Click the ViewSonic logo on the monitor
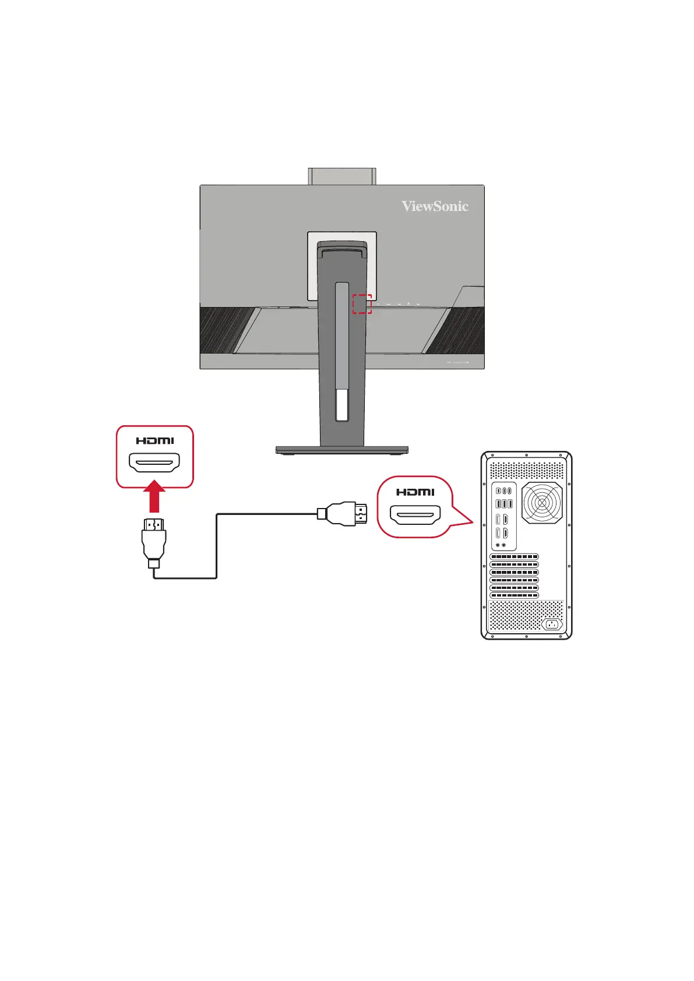tap(435, 206)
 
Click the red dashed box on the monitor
tap(361, 304)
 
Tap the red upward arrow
tap(154, 497)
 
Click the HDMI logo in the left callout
tap(154, 441)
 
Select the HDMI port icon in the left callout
tap(154, 464)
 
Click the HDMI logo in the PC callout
tap(415, 492)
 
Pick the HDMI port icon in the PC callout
tap(415, 514)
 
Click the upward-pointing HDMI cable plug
tap(154, 539)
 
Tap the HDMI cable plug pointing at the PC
tap(347, 514)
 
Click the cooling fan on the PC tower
tap(542, 502)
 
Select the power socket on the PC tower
tap(551, 624)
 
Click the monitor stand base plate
tap(341, 450)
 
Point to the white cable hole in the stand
tap(342, 405)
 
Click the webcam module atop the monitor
tap(342, 176)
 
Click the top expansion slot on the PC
tap(514, 557)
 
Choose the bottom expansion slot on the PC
tap(514, 595)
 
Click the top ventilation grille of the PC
tap(526, 470)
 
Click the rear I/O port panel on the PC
tap(504, 516)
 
